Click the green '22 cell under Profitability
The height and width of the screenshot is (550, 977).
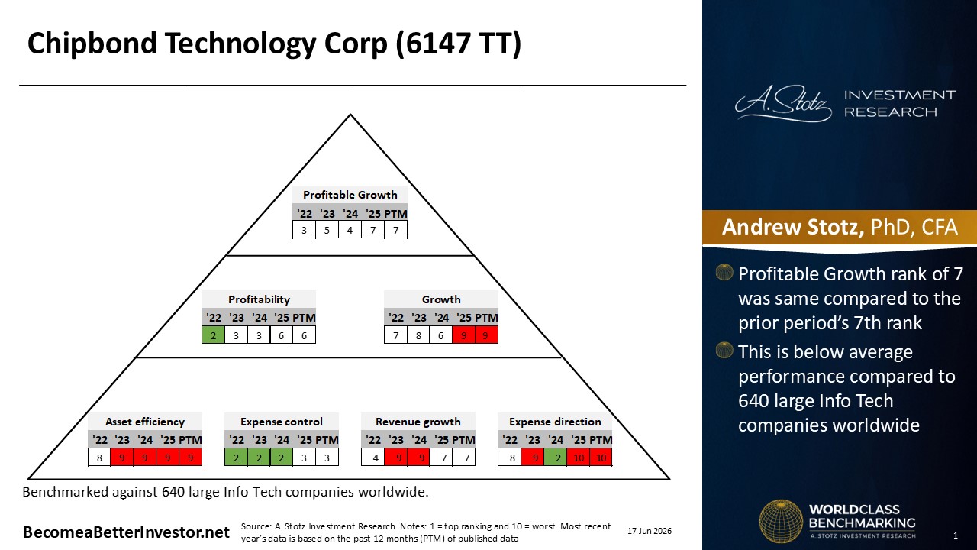[x=213, y=335]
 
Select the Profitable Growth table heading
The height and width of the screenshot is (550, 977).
[x=350, y=195]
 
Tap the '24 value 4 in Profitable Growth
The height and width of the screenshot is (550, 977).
[x=350, y=230]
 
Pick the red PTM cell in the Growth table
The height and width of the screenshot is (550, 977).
[x=486, y=335]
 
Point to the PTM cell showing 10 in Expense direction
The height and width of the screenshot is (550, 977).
[x=601, y=458]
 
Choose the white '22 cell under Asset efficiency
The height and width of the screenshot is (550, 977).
[x=99, y=458]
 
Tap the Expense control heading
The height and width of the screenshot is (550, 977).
[x=282, y=422]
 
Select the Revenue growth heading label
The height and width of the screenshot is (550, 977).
[x=418, y=422]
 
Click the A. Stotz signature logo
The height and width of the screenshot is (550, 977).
[x=783, y=103]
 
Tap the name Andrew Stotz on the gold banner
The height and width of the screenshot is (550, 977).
[x=792, y=227]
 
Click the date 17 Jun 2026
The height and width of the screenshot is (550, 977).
[x=650, y=531]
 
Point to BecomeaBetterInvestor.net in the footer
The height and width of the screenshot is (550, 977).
[x=126, y=532]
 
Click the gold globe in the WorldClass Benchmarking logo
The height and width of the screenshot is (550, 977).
[x=781, y=521]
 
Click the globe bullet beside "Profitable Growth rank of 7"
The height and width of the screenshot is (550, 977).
[x=724, y=273]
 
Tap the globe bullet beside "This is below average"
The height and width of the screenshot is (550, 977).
[x=724, y=350]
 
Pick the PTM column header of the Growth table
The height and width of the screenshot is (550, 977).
[x=486, y=318]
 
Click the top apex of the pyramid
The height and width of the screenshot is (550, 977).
[x=350, y=115]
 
